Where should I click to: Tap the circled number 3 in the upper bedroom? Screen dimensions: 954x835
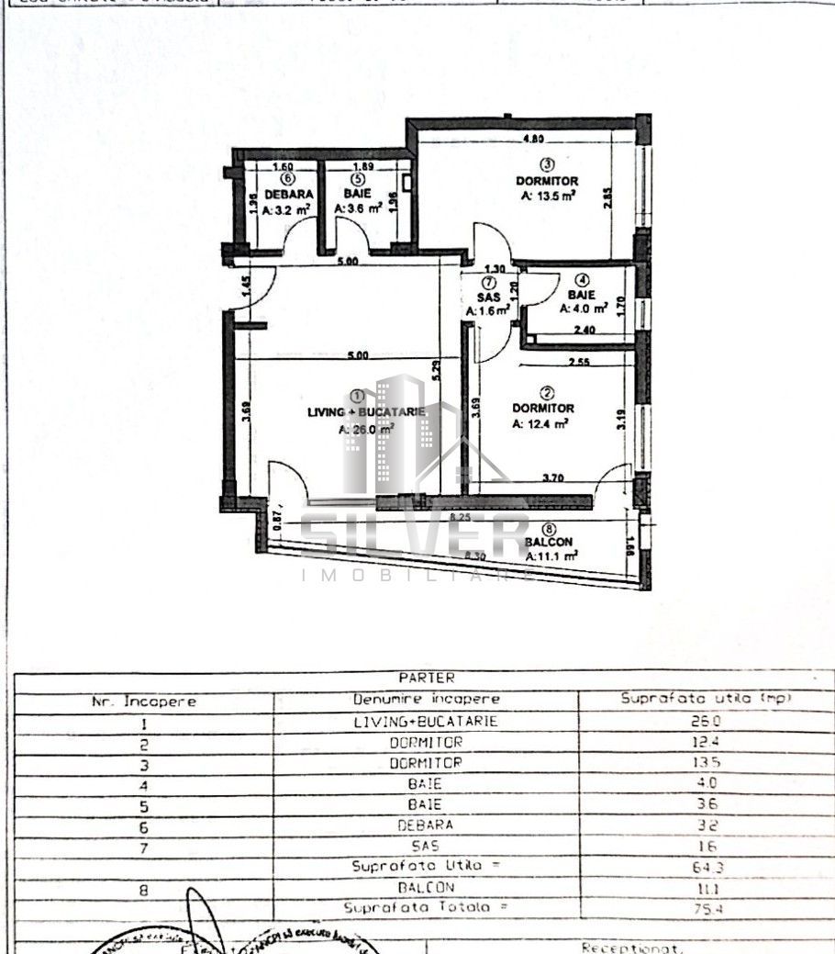(x=546, y=165)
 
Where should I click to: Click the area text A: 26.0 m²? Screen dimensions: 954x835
(x=366, y=429)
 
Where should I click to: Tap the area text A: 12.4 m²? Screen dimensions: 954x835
(x=540, y=423)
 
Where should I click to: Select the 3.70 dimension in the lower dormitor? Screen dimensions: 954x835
(x=553, y=477)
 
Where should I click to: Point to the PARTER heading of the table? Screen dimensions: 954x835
(x=426, y=678)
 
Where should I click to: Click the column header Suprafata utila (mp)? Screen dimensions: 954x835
(x=706, y=699)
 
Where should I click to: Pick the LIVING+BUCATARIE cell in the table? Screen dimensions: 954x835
(x=426, y=722)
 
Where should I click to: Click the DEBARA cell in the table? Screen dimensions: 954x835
(x=426, y=825)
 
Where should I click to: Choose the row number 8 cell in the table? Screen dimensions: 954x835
(x=143, y=888)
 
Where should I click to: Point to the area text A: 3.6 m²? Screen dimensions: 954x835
(x=358, y=209)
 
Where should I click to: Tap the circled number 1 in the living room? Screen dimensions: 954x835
(x=357, y=395)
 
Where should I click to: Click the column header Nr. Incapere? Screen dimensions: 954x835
(x=143, y=701)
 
